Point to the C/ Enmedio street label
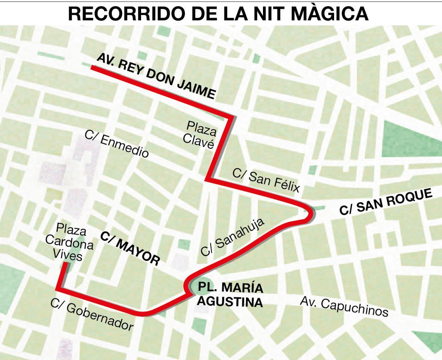[x=117, y=144]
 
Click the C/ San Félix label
[x=266, y=179]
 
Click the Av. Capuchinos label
[x=344, y=307]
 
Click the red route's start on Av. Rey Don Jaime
[x=92, y=68]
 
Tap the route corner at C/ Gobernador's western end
[x=58, y=289]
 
